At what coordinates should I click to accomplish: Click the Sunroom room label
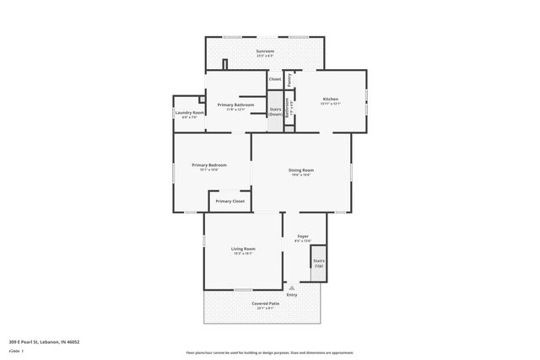266,51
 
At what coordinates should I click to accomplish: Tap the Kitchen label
331,99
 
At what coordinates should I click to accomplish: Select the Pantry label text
289,79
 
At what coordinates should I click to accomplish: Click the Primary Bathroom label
235,105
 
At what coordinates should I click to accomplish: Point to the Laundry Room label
190,112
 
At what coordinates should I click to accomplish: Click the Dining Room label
302,170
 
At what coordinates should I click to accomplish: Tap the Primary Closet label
229,201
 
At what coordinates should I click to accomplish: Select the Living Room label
243,249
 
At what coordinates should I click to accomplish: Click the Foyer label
302,237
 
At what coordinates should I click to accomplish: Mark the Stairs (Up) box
318,263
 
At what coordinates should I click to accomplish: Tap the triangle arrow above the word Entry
292,287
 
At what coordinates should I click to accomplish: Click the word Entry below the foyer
292,295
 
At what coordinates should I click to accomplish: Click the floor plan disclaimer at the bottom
270,352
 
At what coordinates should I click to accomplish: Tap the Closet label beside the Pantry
275,79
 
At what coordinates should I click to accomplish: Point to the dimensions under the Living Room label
243,254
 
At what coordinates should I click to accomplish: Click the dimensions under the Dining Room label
302,175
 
